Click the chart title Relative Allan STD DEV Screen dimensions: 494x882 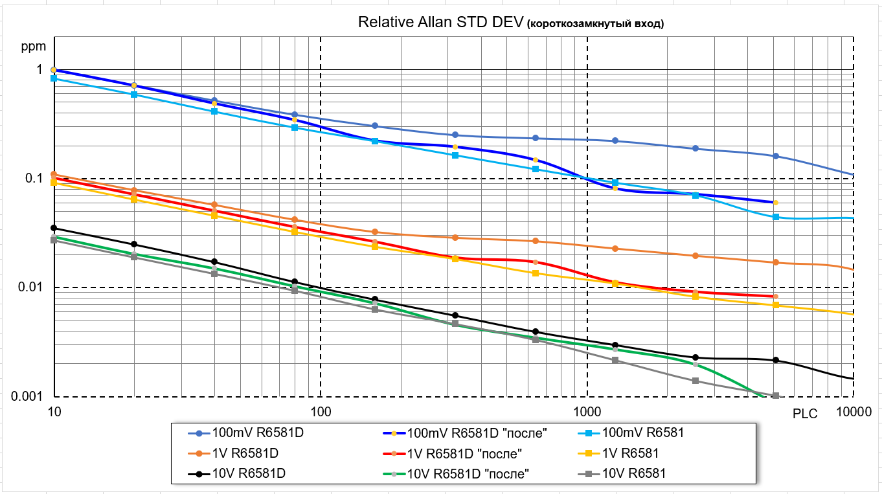point(440,23)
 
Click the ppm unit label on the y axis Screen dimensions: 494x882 point(33,47)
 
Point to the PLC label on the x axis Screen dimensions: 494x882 point(805,414)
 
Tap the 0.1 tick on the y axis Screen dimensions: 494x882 point(32,178)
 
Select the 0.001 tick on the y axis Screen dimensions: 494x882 point(27,396)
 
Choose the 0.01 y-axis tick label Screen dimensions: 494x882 point(30,287)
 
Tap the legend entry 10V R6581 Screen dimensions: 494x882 point(633,473)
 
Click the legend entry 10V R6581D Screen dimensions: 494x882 point(249,473)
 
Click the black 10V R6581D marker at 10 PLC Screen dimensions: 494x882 point(54,228)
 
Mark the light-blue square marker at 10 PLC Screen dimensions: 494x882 point(54,78)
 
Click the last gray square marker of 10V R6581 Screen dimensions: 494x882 point(775,396)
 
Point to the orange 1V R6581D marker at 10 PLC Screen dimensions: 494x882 point(54,174)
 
